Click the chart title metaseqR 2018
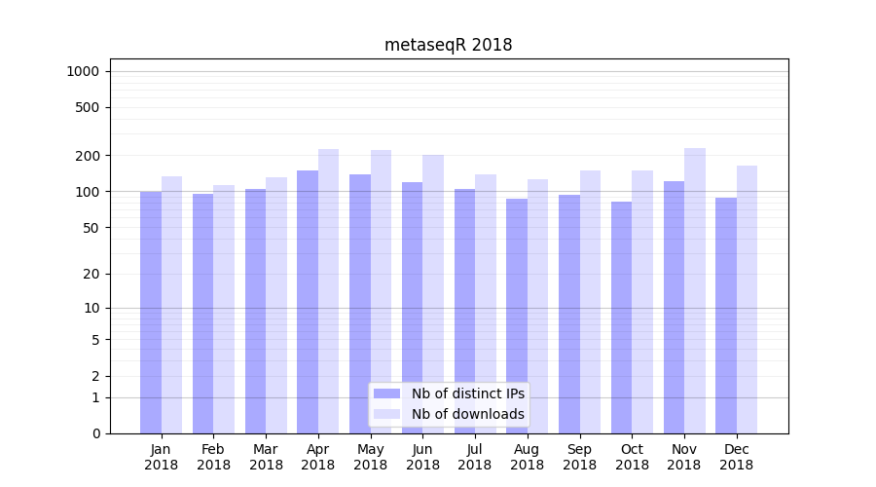pos(448,45)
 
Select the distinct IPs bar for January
pos(151,312)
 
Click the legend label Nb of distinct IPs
pos(468,393)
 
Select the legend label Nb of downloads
pos(468,414)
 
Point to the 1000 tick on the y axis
pos(83,71)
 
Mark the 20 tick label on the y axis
pos(91,274)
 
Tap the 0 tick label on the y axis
pos(95,433)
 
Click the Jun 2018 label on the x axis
pos(422,457)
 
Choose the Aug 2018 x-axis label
pos(528,457)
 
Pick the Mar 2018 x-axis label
pos(266,457)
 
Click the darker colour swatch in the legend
pos(386,393)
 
